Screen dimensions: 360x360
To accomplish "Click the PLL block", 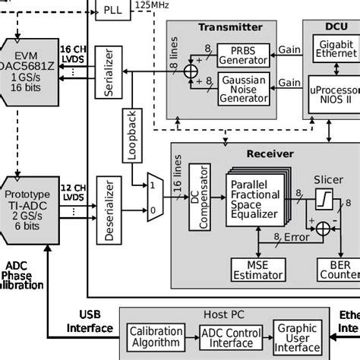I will coord(114,9).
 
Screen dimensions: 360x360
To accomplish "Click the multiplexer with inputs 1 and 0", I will coord(155,195).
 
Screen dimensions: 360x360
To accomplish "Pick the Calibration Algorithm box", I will coord(156,336).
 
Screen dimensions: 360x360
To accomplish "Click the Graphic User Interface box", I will coord(298,336).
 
